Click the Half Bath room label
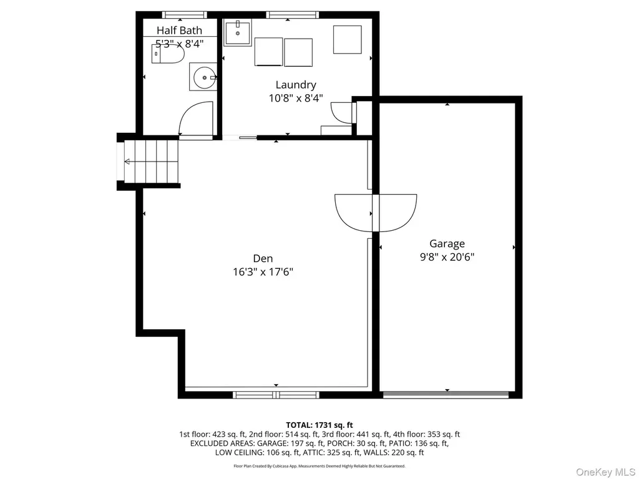click(179, 31)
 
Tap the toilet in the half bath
click(168, 54)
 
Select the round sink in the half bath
click(204, 77)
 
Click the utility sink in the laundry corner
click(237, 32)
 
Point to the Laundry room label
click(296, 85)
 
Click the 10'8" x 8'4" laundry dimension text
click(296, 98)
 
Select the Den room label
click(263, 258)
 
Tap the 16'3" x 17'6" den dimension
click(263, 272)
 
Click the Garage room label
click(447, 244)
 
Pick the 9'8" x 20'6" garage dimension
click(447, 257)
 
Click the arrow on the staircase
click(151, 162)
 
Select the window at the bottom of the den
click(276, 394)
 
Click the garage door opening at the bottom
click(446, 394)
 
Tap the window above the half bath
click(185, 15)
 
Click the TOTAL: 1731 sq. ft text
click(319, 425)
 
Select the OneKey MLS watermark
click(605, 472)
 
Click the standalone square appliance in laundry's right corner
click(347, 39)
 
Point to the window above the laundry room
click(292, 15)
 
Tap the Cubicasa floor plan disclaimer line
click(319, 466)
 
